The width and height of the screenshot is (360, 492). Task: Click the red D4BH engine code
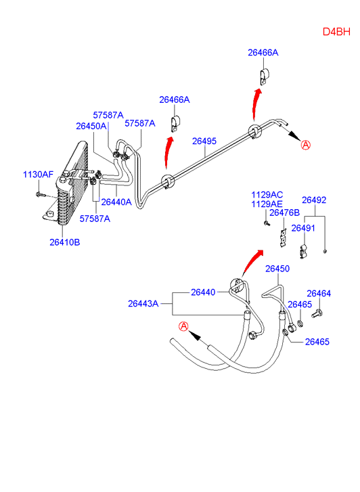[336, 32]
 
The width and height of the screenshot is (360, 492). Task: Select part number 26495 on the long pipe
[204, 141]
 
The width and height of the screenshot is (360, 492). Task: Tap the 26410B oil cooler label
[65, 242]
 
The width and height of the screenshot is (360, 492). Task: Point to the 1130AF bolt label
[39, 175]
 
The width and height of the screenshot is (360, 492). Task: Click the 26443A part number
[143, 304]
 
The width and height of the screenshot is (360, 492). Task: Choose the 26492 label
[314, 200]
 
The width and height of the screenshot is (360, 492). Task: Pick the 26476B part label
[285, 213]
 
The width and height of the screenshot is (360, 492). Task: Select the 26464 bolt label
[319, 294]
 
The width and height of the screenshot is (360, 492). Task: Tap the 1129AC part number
[267, 195]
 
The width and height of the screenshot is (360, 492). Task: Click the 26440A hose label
[116, 202]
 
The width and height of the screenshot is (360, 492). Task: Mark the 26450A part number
[91, 126]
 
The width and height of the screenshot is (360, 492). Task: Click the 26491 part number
[303, 228]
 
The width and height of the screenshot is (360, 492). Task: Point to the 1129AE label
[267, 204]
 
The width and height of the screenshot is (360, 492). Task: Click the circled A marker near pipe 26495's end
[306, 145]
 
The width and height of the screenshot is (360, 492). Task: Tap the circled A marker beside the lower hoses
[183, 327]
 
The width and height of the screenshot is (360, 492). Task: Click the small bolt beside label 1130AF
[39, 194]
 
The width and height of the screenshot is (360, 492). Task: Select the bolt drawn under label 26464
[317, 313]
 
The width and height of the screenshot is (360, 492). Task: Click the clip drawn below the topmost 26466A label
[263, 76]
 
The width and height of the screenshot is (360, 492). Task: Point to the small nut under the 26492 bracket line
[325, 251]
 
